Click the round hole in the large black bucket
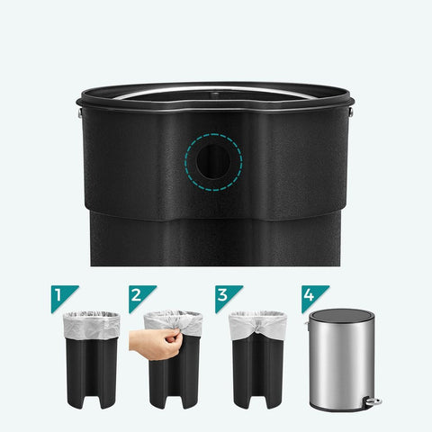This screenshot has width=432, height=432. click(x=213, y=162)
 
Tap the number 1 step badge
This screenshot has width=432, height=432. click(x=60, y=295)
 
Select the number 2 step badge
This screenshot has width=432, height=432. click(x=138, y=295)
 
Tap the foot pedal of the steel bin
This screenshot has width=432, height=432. click(x=373, y=401)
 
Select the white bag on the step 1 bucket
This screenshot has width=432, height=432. click(x=91, y=326)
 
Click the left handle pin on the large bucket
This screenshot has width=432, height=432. click(x=80, y=113)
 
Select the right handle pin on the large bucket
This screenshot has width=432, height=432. click(x=350, y=113)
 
